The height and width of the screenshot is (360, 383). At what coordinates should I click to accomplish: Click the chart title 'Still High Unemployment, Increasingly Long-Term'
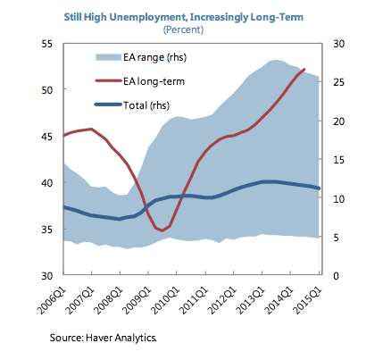(191, 14)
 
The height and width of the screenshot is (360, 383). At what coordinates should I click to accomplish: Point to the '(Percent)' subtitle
(191, 28)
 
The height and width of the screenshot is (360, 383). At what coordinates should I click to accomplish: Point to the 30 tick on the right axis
(338, 44)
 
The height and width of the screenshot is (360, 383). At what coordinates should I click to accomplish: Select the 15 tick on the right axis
(338, 159)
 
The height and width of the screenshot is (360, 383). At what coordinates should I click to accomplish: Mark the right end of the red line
(304, 69)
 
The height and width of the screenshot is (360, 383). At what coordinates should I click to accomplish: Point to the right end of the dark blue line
(319, 188)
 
